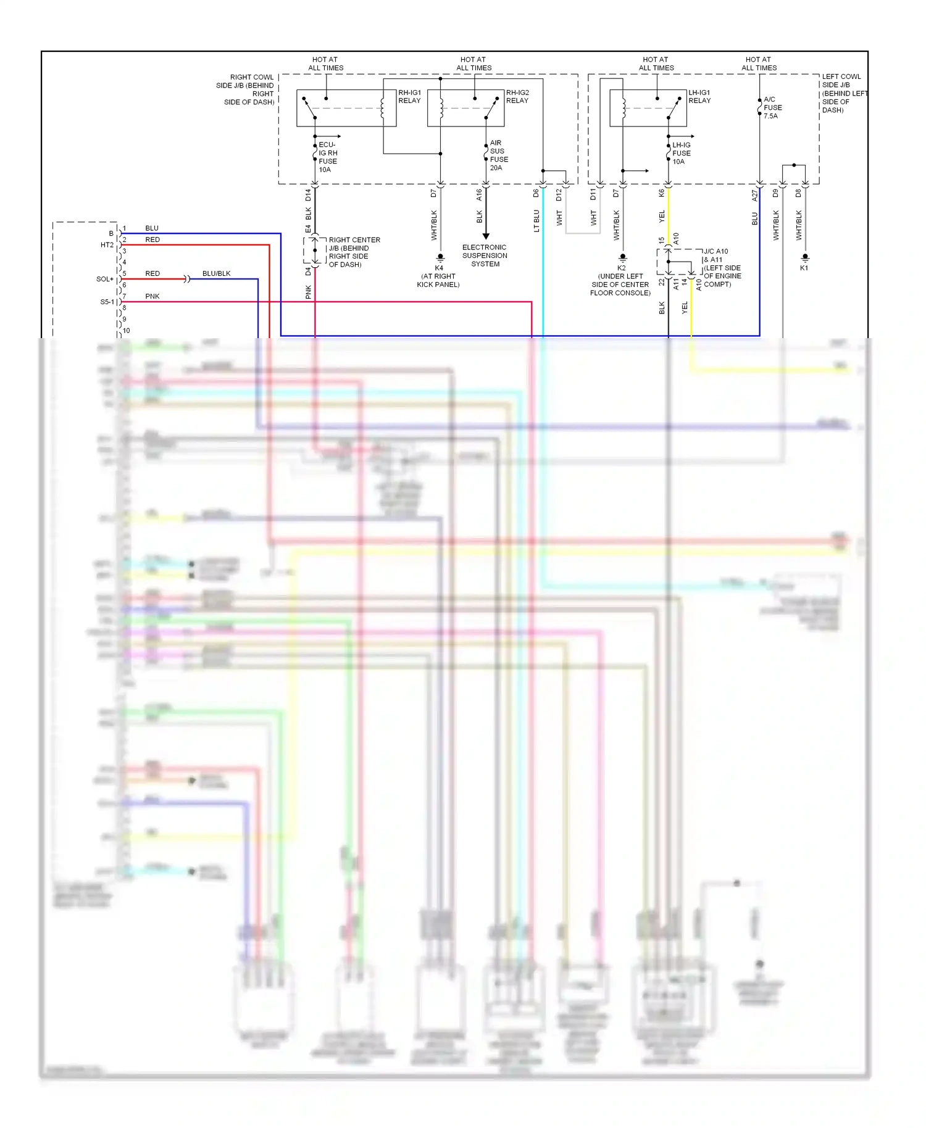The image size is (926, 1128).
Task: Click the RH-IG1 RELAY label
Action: (x=409, y=97)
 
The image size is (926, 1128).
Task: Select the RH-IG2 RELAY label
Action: (x=517, y=97)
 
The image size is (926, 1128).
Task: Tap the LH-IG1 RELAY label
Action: (x=699, y=97)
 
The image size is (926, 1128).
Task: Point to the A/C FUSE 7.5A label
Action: (x=772, y=107)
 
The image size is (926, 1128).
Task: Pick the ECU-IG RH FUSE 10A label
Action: (x=327, y=157)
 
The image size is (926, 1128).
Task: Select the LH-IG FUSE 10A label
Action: (x=681, y=153)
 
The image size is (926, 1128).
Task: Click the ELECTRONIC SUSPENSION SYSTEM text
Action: (x=485, y=255)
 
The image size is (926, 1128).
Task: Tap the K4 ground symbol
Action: (x=440, y=257)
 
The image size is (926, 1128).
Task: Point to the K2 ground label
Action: (x=622, y=268)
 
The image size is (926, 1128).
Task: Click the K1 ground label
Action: (x=804, y=268)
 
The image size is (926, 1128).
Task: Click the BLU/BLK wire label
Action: (x=216, y=273)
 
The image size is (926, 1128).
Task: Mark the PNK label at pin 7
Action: (x=152, y=296)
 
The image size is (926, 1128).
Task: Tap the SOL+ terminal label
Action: (x=104, y=279)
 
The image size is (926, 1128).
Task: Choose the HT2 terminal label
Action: (x=107, y=245)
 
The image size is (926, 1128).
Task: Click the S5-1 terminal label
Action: (x=107, y=302)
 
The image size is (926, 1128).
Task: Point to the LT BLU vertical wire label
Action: (x=536, y=221)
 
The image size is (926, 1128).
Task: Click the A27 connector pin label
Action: (x=754, y=195)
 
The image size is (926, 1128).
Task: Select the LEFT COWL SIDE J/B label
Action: (x=842, y=93)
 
